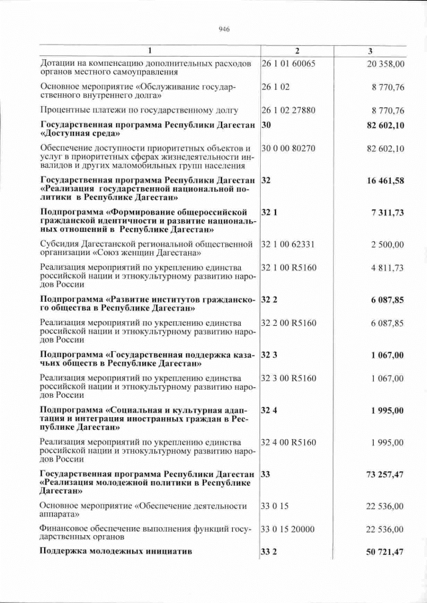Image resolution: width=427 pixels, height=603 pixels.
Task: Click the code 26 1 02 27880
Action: (x=288, y=110)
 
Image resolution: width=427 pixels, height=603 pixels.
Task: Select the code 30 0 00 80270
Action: (x=288, y=147)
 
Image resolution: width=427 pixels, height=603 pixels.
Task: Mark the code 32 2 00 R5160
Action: (x=288, y=322)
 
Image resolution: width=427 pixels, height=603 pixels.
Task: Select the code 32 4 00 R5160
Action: (x=288, y=442)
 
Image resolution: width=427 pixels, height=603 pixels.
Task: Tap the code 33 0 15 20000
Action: (x=288, y=529)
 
